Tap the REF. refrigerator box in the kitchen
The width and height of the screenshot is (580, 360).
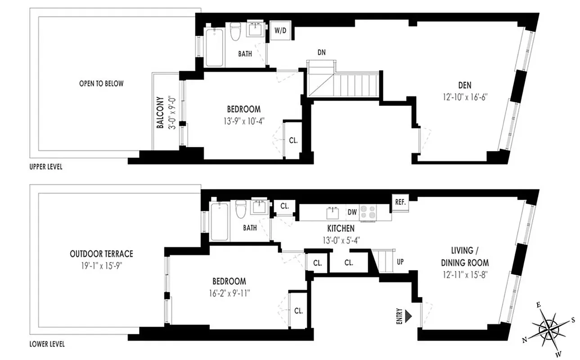[400, 202]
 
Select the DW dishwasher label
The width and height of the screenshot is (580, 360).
[351, 211]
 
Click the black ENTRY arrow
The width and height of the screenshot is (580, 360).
[409, 317]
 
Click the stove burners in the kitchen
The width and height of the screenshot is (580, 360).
[368, 212]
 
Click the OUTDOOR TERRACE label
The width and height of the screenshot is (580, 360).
[101, 254]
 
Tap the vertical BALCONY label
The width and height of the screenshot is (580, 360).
[160, 113]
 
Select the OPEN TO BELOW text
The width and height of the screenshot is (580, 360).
[101, 83]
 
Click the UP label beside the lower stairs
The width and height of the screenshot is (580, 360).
[400, 261]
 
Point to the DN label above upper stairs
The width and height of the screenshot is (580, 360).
[321, 52]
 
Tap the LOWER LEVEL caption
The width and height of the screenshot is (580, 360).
[47, 344]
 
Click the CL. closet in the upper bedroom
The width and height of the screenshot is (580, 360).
[293, 140]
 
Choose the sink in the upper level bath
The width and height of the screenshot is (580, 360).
[257, 31]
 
